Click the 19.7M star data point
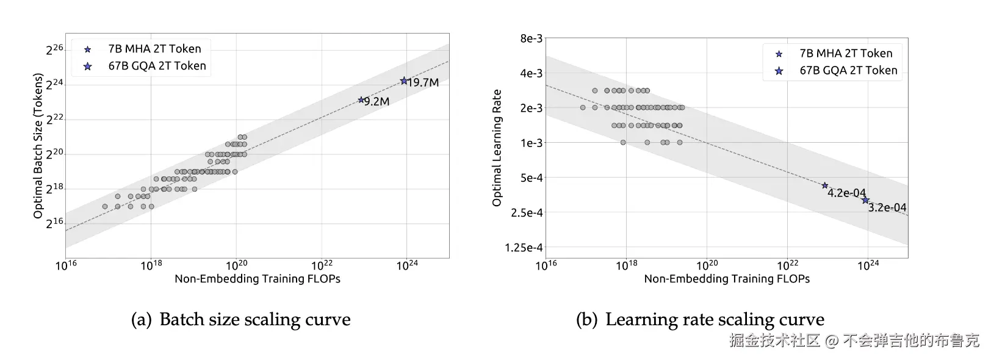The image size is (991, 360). click(x=404, y=81)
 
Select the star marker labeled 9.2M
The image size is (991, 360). click(x=361, y=99)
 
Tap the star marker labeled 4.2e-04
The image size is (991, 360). click(x=825, y=185)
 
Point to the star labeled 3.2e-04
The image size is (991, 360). click(x=865, y=200)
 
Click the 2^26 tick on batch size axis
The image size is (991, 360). click(x=54, y=49)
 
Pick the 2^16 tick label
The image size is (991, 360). click(x=54, y=223)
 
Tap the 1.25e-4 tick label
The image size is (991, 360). click(x=524, y=248)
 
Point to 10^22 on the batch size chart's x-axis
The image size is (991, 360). click(x=322, y=265)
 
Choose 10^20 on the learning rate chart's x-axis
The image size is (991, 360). click(x=707, y=265)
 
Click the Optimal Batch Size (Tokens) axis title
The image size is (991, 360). click(x=38, y=146)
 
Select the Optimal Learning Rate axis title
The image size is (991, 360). click(x=497, y=148)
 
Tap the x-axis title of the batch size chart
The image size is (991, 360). click(x=258, y=279)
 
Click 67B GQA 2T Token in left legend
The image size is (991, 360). click(x=157, y=66)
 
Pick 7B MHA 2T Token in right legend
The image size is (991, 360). click(x=845, y=53)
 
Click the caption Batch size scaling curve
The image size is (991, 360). click(x=254, y=320)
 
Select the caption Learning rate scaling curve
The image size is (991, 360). click(x=714, y=320)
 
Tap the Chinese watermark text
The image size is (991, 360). click(x=854, y=340)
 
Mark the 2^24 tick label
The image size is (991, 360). click(x=54, y=84)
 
